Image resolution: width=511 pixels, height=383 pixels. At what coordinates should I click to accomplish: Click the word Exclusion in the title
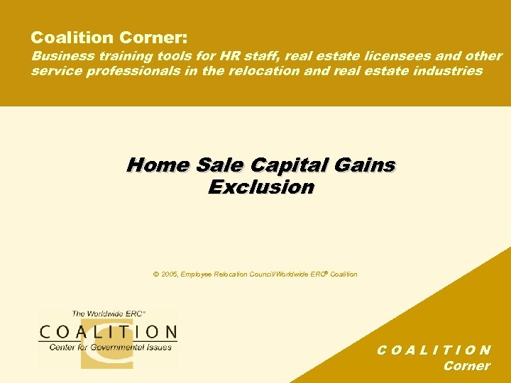260,187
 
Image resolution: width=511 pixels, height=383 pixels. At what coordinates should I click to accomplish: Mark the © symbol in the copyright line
155,274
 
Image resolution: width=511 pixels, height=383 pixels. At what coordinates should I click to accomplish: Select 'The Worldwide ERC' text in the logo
108,313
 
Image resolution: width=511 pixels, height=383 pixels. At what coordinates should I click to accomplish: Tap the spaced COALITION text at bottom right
433,350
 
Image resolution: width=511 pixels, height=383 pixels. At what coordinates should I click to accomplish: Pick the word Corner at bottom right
466,366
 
